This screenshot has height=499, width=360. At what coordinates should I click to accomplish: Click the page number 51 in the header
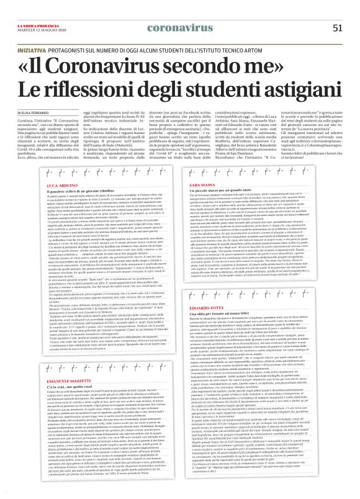337,27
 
